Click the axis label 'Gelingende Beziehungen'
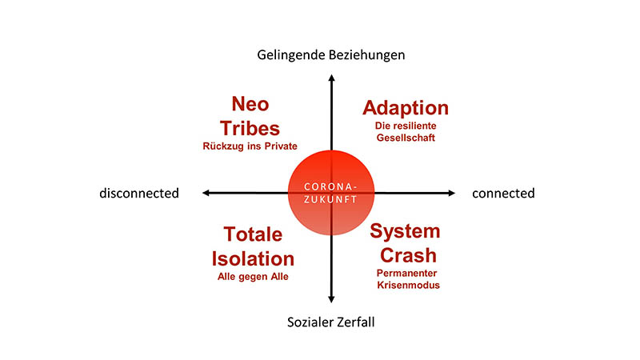coord(331,55)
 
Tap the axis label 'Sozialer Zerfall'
coord(331,322)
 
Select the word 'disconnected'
coord(139,193)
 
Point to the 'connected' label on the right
coord(503,193)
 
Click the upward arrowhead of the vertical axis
coord(331,78)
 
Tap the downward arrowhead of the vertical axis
coord(331,299)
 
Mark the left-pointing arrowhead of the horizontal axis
coord(206,193)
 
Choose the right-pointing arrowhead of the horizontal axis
coord(451,193)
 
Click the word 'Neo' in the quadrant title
coord(250,104)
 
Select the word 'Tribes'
coord(250,129)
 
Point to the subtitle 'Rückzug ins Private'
coord(250,146)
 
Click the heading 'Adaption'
coord(406,109)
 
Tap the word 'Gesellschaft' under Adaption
coord(406,138)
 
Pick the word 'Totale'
coord(253,234)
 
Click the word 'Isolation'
coord(253,259)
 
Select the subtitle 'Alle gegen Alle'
coord(253,277)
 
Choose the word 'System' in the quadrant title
coord(405,232)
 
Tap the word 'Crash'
coord(408,255)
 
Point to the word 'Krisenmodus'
coord(408,285)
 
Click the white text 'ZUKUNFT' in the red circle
coord(330,199)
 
